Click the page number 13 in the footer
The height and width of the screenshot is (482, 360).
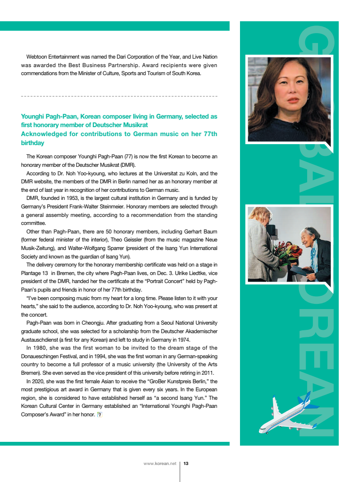(x=186, y=464)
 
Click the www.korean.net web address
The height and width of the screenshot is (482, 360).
(x=160, y=464)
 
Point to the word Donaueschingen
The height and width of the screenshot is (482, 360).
(x=43, y=356)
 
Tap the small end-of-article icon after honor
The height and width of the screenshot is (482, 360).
(x=99, y=415)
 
